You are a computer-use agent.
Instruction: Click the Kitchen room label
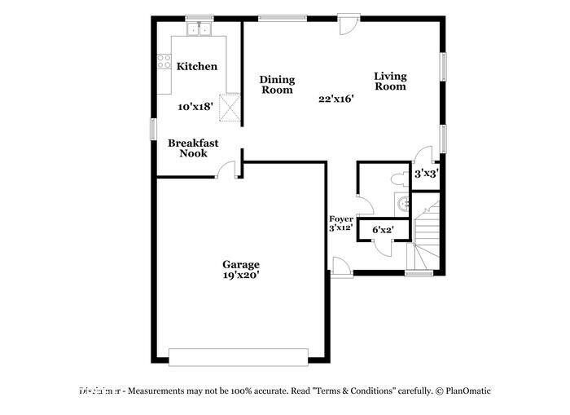(x=197, y=66)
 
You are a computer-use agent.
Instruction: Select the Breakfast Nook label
(x=188, y=148)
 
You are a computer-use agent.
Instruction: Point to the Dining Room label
(x=277, y=85)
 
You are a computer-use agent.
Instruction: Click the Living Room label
(x=390, y=81)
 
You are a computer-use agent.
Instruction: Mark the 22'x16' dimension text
(x=336, y=99)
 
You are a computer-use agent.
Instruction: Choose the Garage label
(x=242, y=264)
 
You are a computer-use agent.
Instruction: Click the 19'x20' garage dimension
(x=242, y=276)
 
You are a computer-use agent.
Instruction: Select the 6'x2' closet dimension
(x=382, y=231)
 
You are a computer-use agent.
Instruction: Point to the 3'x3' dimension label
(x=427, y=174)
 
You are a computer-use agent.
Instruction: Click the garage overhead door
(x=238, y=357)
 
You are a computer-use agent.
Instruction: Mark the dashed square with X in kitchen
(x=231, y=107)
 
